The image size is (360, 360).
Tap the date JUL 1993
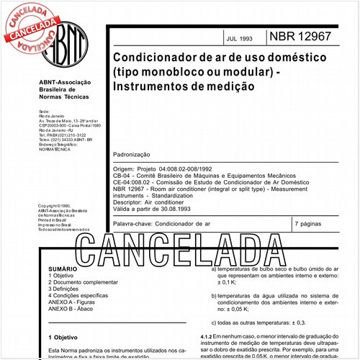coord(240,38)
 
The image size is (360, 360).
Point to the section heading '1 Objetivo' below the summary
coord(63,336)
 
